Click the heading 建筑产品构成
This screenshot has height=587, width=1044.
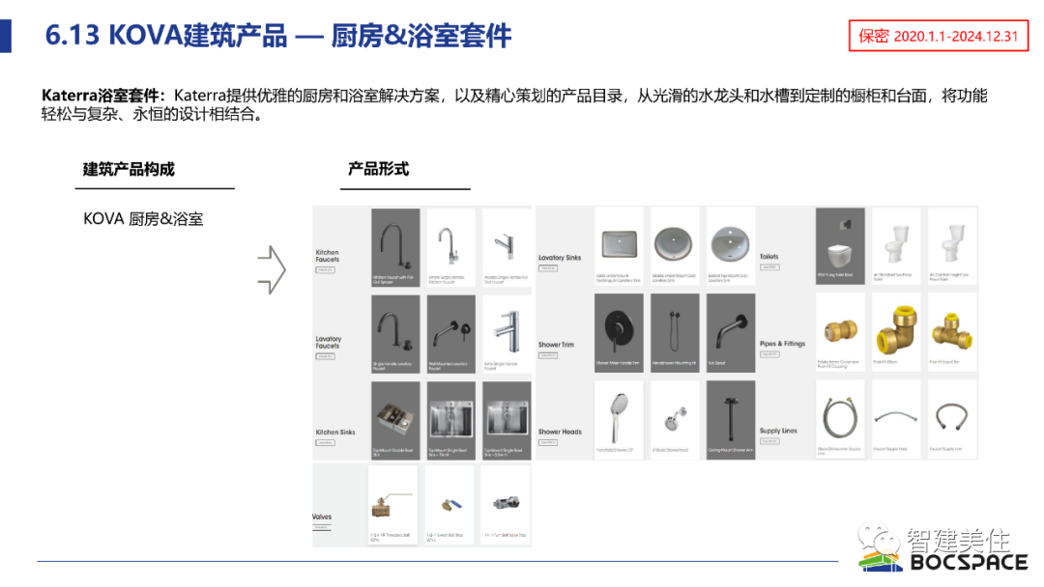coord(129,169)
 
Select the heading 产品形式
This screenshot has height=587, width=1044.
coord(378,169)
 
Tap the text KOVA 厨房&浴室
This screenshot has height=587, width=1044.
coord(143,219)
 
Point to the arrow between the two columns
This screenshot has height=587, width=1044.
coord(272,269)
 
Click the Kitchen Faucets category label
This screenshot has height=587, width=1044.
coord(328,256)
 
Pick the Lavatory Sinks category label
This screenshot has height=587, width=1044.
coord(560,258)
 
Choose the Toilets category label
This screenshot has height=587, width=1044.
coord(768,257)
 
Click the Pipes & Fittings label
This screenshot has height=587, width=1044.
coord(782,344)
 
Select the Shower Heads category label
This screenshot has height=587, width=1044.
coord(560,432)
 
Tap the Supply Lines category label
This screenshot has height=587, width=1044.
coord(778,431)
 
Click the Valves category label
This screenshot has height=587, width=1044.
coord(322,517)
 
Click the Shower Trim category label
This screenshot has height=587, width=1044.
coord(556,345)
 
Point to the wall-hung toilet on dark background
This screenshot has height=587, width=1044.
coord(839,246)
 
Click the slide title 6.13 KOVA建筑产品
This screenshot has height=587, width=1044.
coord(278,36)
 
